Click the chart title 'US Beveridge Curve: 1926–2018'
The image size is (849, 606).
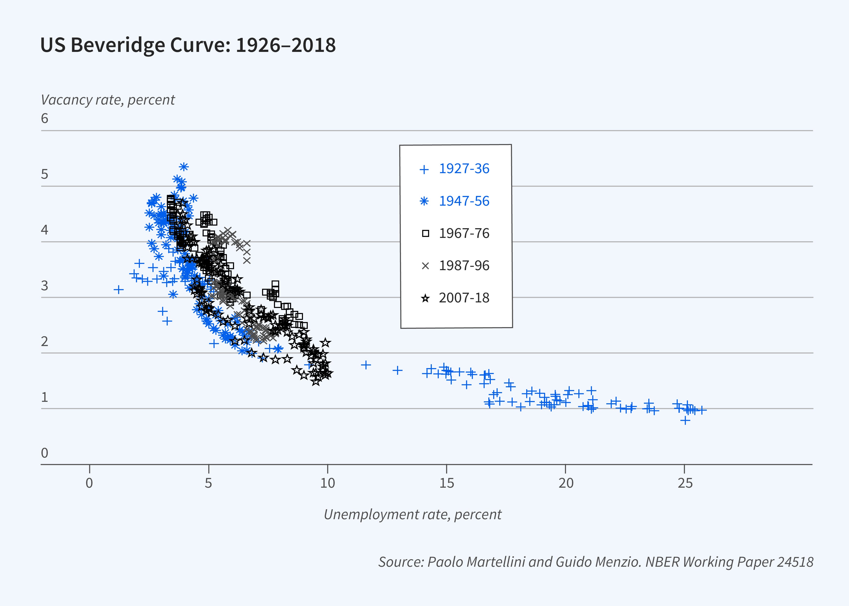pos(188,45)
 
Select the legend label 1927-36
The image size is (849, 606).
pos(464,169)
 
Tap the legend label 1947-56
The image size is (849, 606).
pos(464,201)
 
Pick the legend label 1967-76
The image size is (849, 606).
pos(464,234)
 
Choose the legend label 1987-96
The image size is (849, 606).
pos(464,266)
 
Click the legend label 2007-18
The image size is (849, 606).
pos(464,298)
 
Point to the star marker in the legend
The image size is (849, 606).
pos(425,299)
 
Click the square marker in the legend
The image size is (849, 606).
pos(425,234)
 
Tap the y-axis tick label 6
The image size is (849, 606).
pos(44,119)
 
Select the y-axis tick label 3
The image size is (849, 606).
pos(44,286)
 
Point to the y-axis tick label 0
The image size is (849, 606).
pos(44,453)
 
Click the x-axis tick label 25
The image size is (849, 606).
pos(685,483)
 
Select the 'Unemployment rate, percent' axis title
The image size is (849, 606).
pos(412,515)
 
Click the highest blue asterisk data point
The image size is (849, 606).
pos(183,166)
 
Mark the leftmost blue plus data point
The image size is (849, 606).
pos(118,290)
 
